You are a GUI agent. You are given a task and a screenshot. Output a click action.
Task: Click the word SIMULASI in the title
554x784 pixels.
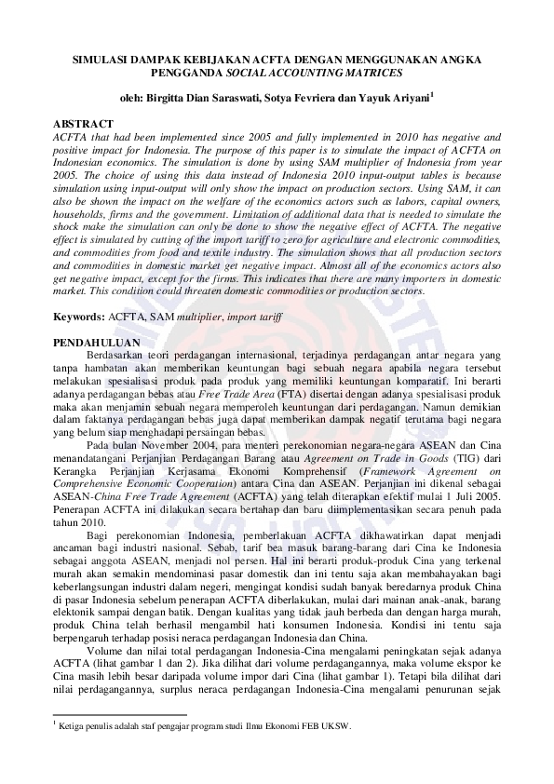[100, 59]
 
